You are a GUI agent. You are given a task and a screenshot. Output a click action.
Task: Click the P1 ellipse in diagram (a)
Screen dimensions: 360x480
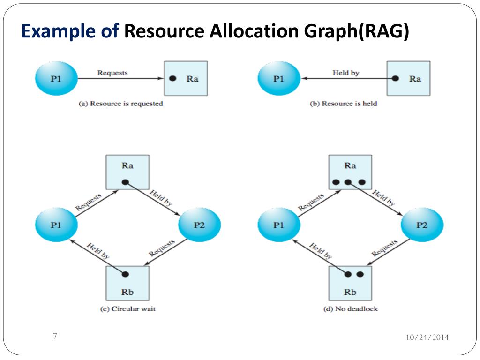[56, 78]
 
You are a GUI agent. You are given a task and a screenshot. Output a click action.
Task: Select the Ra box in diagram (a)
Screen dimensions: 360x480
[186, 78]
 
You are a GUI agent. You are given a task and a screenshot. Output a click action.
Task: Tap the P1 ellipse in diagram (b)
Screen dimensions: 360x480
[278, 78]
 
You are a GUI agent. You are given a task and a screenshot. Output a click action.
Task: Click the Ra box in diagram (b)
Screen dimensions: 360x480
[408, 78]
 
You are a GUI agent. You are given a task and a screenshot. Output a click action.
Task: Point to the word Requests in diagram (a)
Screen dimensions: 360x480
[112, 73]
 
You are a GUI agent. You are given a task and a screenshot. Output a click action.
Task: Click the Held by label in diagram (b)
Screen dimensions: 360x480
[345, 73]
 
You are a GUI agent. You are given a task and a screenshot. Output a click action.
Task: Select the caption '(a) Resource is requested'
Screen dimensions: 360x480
[120, 104]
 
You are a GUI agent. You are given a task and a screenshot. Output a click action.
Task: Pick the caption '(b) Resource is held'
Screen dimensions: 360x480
[344, 104]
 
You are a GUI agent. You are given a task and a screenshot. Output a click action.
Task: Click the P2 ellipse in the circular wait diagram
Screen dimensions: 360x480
[199, 225]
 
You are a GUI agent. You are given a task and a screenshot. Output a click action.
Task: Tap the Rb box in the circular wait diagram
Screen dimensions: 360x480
[127, 283]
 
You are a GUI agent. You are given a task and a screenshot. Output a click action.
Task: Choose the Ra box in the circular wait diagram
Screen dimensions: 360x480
[127, 172]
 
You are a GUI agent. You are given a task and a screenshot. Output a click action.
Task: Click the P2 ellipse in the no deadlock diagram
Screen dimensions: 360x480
[422, 225]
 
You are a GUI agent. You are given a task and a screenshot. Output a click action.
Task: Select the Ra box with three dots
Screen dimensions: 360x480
[350, 172]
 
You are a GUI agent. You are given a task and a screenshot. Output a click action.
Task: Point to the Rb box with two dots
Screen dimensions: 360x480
[350, 283]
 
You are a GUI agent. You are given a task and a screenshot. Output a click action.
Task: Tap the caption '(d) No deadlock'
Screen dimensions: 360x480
[350, 309]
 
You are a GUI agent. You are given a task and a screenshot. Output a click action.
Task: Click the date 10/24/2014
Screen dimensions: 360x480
[427, 337]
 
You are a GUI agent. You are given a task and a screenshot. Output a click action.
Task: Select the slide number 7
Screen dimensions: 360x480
[55, 336]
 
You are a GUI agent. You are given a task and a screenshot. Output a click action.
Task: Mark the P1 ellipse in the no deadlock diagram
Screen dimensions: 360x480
[278, 225]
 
